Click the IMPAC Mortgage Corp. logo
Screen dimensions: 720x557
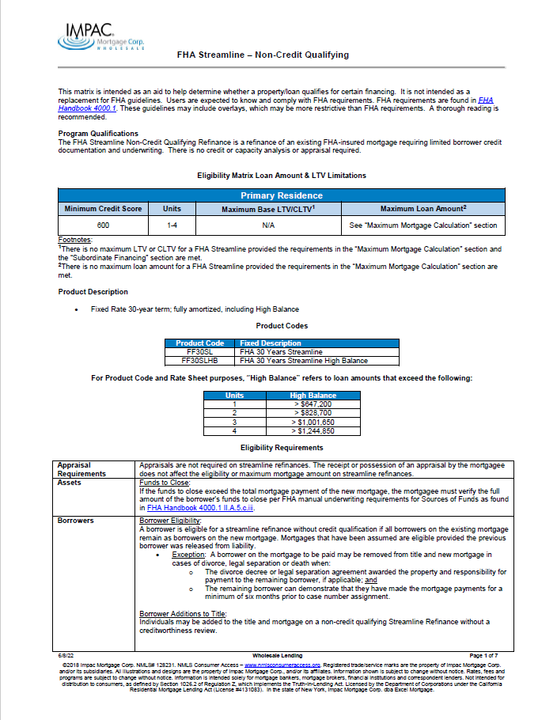pyautogui.click(x=91, y=35)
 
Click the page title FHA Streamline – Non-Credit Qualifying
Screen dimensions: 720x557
pyautogui.click(x=262, y=55)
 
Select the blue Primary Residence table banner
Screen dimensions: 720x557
pyautogui.click(x=281, y=195)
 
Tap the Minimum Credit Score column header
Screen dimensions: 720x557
pyautogui.click(x=103, y=209)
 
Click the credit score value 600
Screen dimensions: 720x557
pyautogui.click(x=103, y=225)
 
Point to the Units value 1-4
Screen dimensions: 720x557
pyautogui.click(x=172, y=225)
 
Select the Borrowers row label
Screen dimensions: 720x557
pyautogui.click(x=76, y=521)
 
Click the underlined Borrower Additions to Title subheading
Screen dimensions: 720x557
pyautogui.click(x=183, y=614)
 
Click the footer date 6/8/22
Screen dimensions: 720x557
pyautogui.click(x=66, y=656)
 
